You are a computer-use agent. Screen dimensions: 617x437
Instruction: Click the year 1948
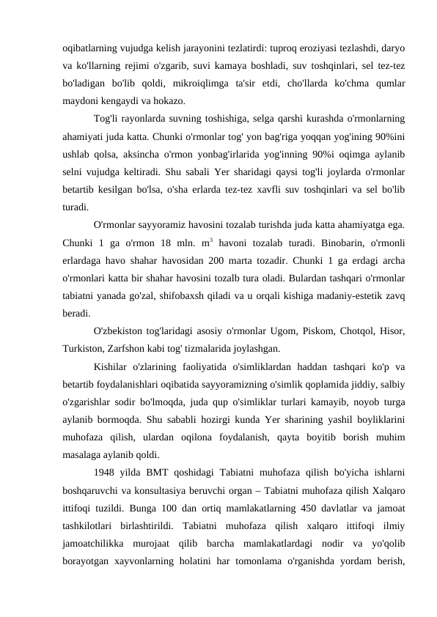tap(106, 470)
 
